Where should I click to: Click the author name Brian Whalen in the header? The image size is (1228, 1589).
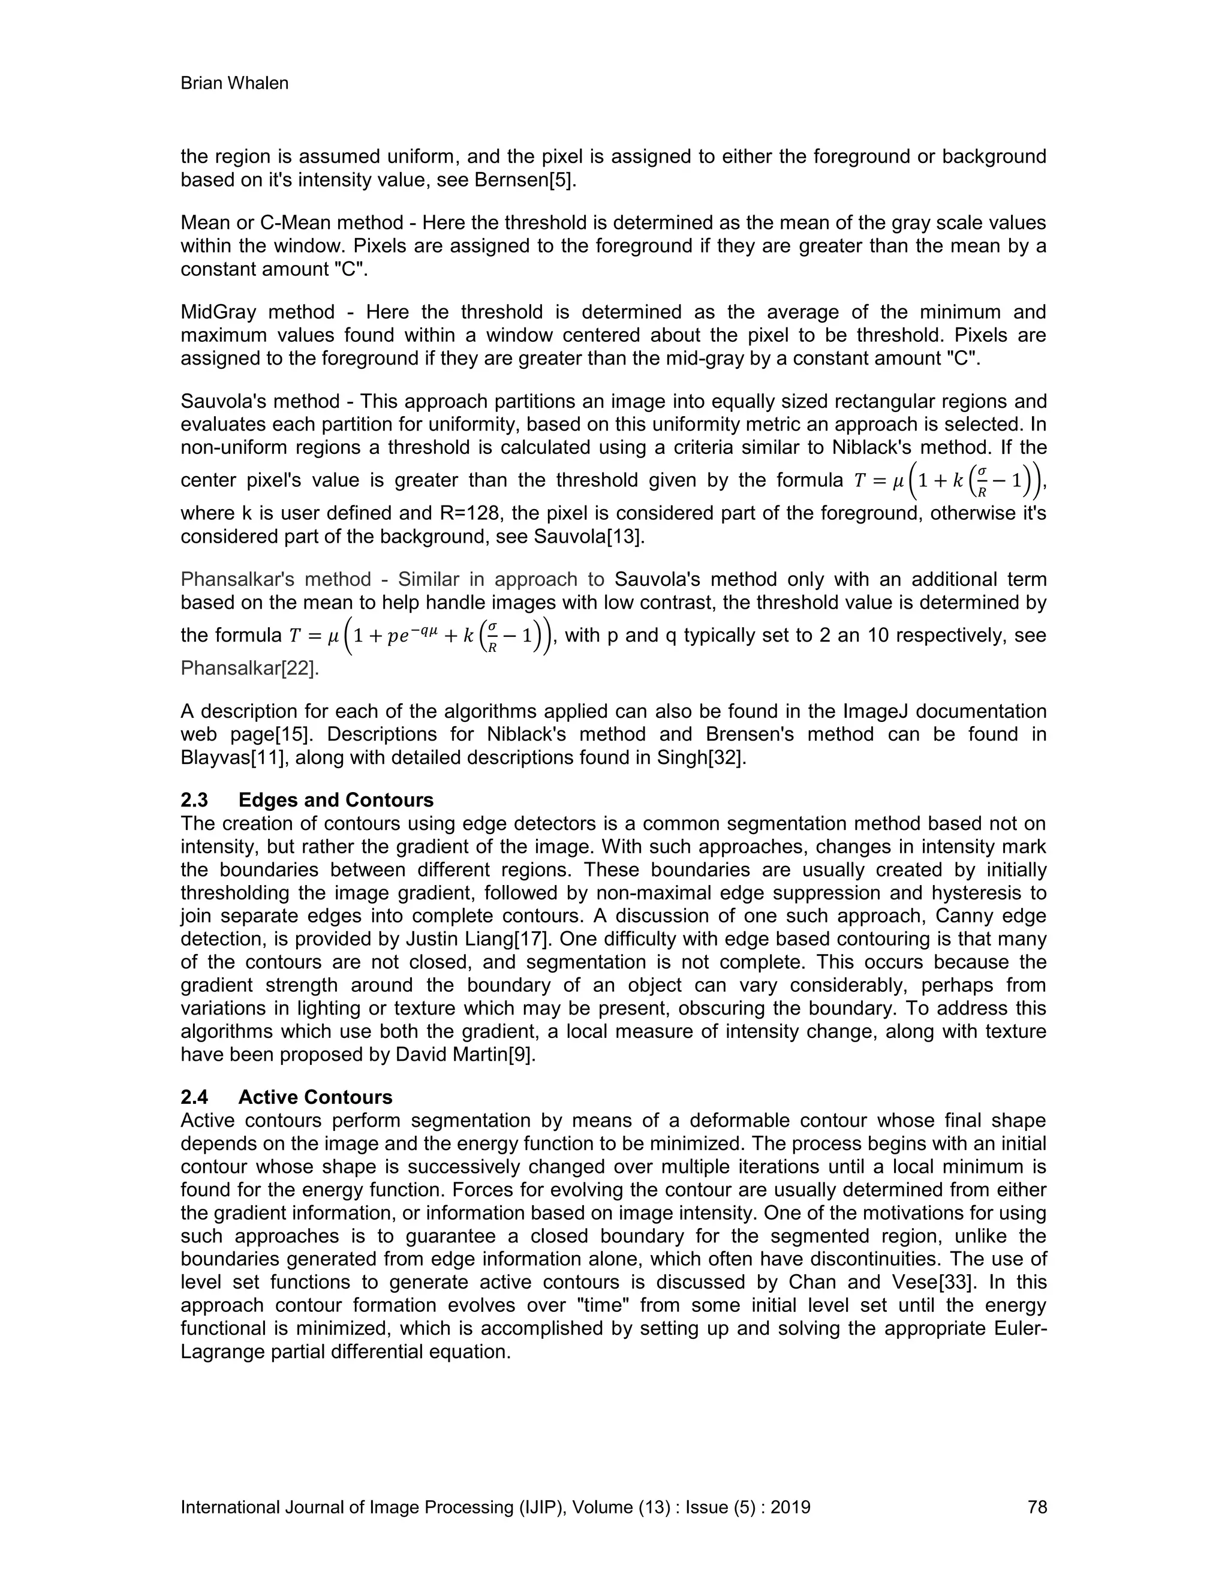[234, 84]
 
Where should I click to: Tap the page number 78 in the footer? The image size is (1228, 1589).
[1037, 1507]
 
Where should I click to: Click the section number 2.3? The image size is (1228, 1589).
[194, 800]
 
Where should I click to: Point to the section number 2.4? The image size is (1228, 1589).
[194, 1097]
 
